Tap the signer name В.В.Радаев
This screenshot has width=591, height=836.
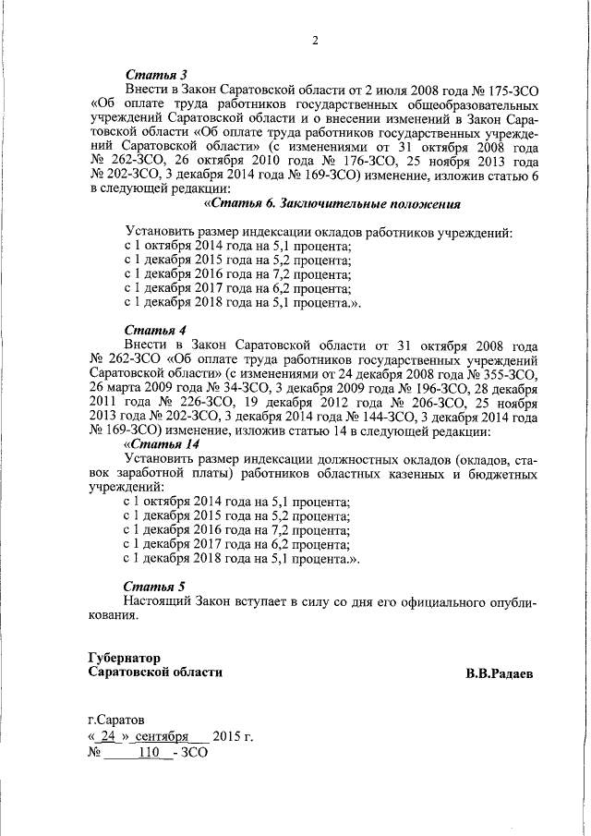coord(499,673)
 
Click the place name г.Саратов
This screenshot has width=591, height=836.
coord(115,719)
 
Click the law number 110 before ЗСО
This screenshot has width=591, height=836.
coord(148,753)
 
